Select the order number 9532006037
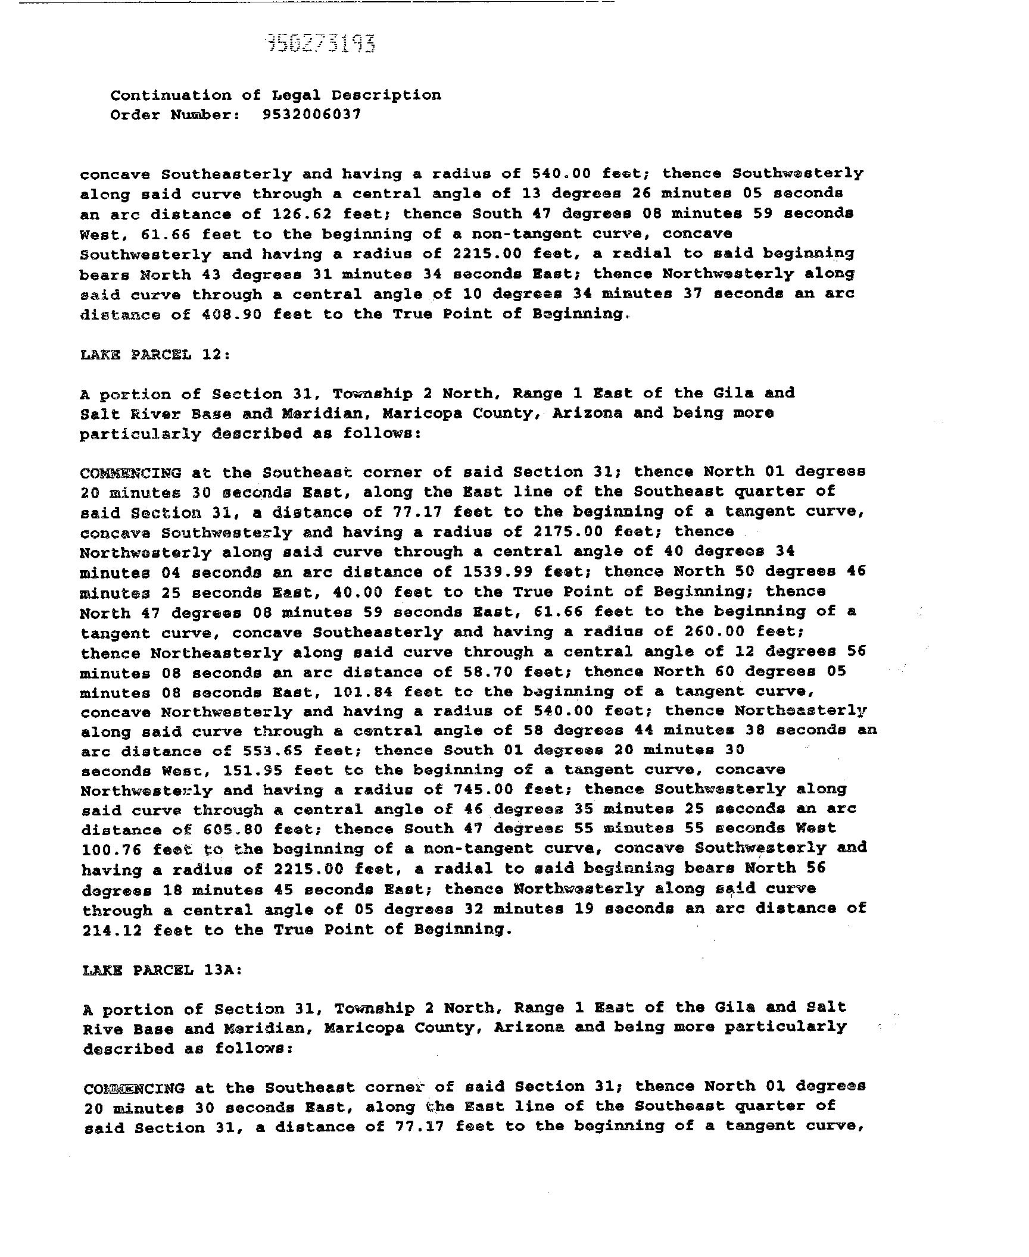[311, 114]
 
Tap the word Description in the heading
[386, 95]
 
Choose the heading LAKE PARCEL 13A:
[162, 970]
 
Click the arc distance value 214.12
[112, 929]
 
